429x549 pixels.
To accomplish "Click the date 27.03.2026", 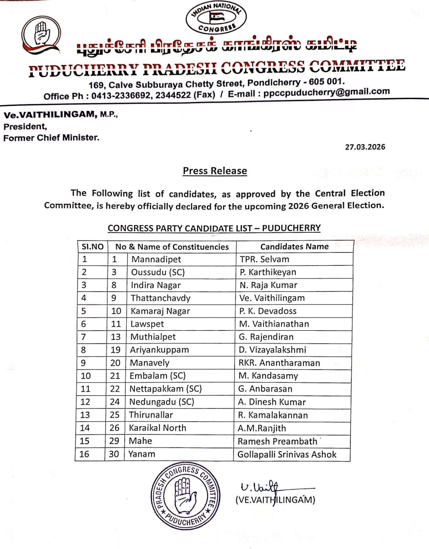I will point(365,147).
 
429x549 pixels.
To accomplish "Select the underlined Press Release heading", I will point(215,171).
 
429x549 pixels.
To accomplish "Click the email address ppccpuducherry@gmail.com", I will point(326,92).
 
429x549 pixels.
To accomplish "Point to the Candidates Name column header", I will point(294,246).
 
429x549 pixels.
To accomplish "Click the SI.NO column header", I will point(92,247).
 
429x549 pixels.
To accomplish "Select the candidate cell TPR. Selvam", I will point(264,259).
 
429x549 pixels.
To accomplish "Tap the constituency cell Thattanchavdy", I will point(160,298).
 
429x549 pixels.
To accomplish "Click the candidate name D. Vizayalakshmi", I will point(272,350).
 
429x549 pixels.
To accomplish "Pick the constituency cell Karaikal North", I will point(157,428).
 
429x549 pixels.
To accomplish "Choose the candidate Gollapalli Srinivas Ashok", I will point(287,454).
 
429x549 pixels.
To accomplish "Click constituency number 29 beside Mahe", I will point(114,441).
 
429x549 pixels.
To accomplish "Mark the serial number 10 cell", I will point(85,376).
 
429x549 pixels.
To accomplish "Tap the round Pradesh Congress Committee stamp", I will point(185,496).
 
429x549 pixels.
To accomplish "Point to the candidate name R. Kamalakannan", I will point(273,415).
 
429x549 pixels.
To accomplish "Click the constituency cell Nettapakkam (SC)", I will point(165,389).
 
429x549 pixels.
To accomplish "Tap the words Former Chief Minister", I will point(51,138).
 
